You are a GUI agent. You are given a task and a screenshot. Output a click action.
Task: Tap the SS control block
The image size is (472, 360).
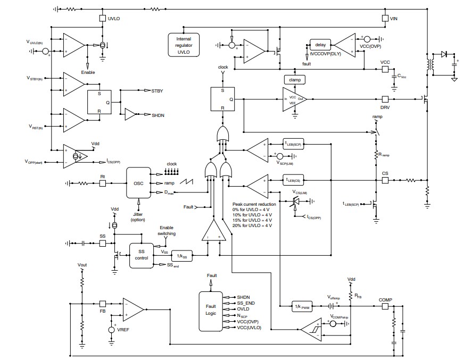(x=141, y=254)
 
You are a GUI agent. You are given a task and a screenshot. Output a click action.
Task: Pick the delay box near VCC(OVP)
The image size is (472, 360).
(x=320, y=45)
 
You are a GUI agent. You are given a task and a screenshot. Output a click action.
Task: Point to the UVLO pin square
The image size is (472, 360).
(x=102, y=18)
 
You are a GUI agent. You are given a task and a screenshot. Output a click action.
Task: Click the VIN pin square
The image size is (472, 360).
(x=385, y=18)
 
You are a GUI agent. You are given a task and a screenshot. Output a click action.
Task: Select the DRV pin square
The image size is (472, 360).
(x=385, y=99)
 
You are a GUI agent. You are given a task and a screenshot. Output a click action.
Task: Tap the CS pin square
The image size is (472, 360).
(x=385, y=181)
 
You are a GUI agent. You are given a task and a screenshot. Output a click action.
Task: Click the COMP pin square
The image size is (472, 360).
(x=385, y=307)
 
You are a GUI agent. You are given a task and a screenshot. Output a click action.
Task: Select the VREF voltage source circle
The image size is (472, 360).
(x=112, y=330)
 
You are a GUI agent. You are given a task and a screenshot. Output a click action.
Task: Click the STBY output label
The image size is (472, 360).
(x=158, y=91)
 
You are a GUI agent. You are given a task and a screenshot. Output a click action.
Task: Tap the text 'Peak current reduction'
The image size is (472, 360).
(x=254, y=204)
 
